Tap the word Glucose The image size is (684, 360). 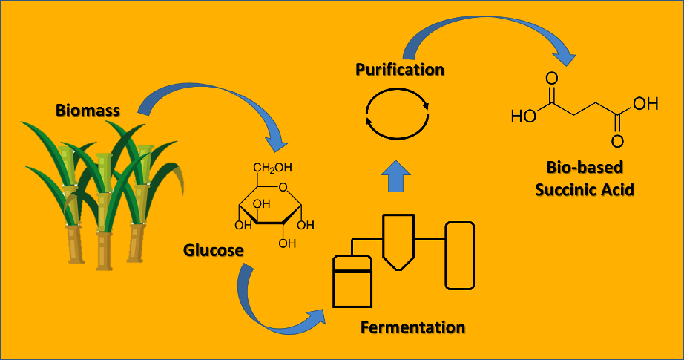214,251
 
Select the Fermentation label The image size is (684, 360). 412,327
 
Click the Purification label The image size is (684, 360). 400,71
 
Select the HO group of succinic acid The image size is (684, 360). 524,117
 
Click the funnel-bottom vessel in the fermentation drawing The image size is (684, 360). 398,242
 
